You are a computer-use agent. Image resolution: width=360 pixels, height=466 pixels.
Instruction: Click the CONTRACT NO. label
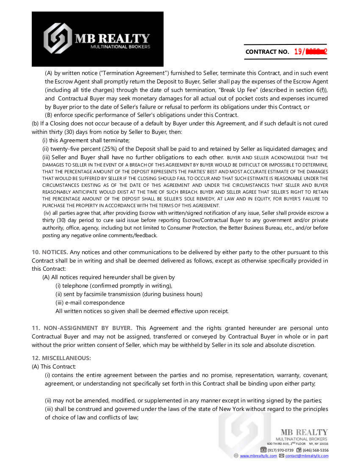pos(267,52)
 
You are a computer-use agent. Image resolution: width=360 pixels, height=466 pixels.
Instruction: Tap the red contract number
pos(310,52)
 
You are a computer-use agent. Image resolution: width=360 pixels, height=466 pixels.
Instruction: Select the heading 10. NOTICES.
pos(50,252)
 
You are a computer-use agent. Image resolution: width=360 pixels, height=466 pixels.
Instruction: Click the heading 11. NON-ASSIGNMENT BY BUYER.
pos(82,328)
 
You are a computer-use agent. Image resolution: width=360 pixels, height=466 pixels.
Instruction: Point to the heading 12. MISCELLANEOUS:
pos(61,358)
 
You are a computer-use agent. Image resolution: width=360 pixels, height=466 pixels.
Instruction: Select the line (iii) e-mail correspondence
pos(90,302)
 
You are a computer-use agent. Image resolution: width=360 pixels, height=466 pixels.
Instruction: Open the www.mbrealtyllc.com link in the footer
pos(258,456)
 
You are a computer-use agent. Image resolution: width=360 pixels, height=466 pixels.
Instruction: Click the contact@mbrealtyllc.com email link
pos(307,456)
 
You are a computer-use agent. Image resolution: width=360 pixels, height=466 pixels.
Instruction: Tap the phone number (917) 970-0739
pos(280,450)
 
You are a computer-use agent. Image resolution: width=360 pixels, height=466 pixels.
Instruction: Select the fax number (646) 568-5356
pos(316,450)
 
